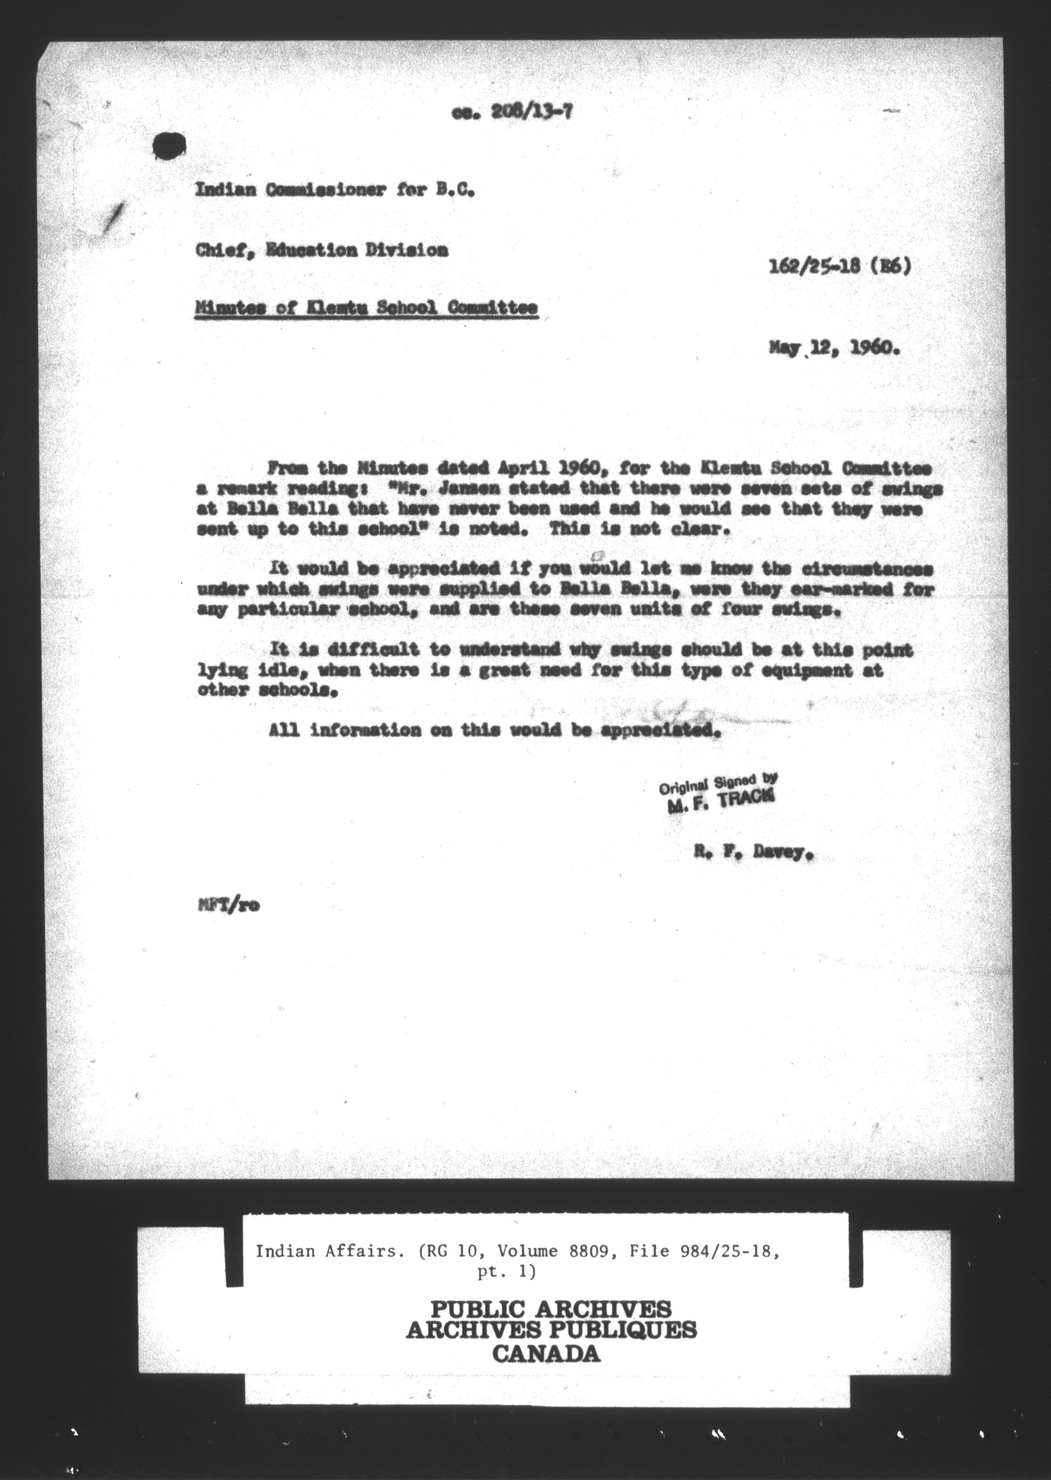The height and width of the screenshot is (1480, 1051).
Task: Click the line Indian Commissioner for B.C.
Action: click(x=336, y=191)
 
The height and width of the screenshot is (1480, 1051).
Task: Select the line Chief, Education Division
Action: click(x=322, y=250)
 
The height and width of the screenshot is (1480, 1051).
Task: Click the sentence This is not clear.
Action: click(x=640, y=528)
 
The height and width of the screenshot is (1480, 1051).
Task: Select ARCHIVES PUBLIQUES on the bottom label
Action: click(x=551, y=1330)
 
